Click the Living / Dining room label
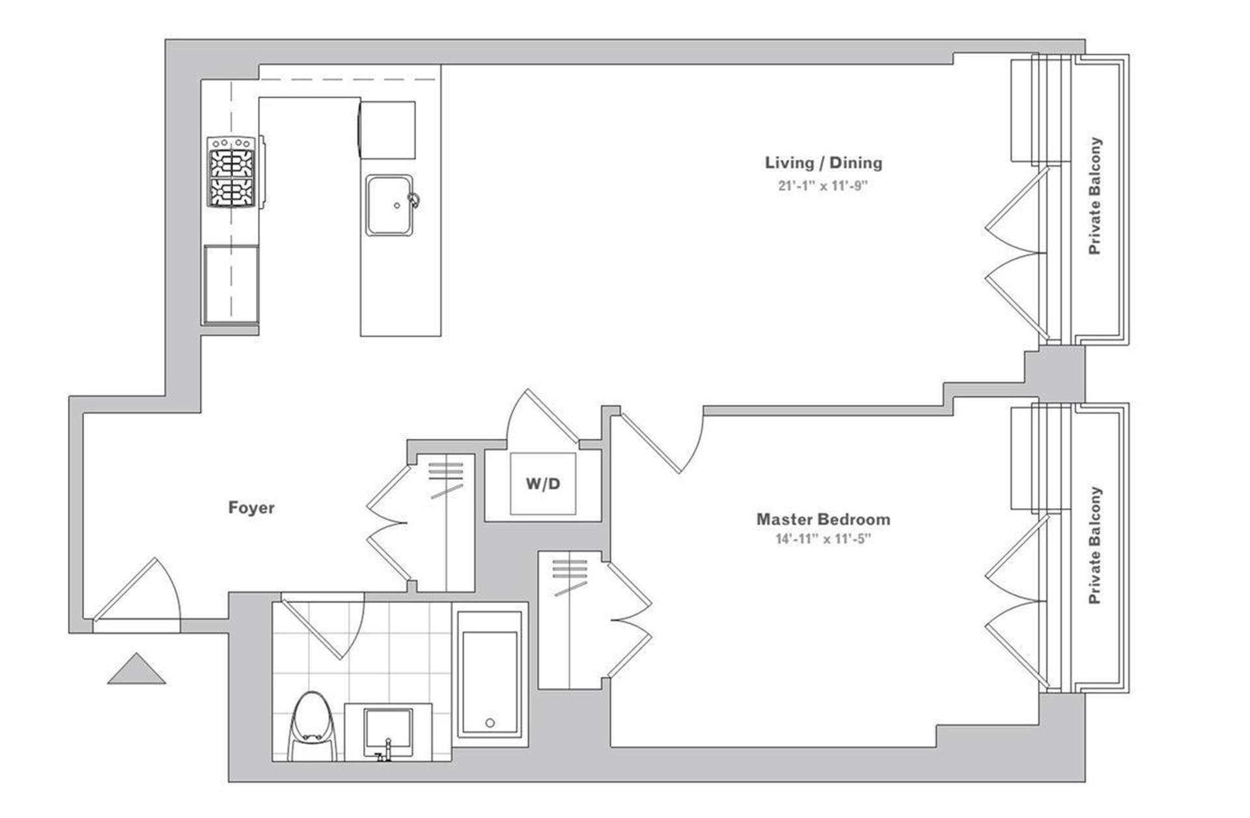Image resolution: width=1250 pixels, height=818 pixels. click(x=824, y=163)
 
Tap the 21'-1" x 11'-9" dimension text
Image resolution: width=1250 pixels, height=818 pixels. click(x=824, y=186)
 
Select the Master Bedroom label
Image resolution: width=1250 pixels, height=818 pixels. click(x=824, y=519)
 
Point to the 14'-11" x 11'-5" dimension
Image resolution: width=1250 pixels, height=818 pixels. click(x=824, y=539)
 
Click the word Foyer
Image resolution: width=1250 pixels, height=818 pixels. click(x=251, y=507)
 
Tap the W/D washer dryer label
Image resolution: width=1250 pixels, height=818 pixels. click(x=543, y=484)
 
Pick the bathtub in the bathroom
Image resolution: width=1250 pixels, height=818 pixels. click(x=490, y=674)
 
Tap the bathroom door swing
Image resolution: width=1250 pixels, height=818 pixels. click(x=323, y=625)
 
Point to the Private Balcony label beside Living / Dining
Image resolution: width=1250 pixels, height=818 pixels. click(x=1095, y=195)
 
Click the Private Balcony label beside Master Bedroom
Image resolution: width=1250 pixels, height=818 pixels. click(x=1095, y=544)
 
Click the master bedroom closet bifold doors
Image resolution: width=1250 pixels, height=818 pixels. click(x=629, y=619)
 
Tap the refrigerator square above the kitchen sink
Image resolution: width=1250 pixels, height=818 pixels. click(x=388, y=130)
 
